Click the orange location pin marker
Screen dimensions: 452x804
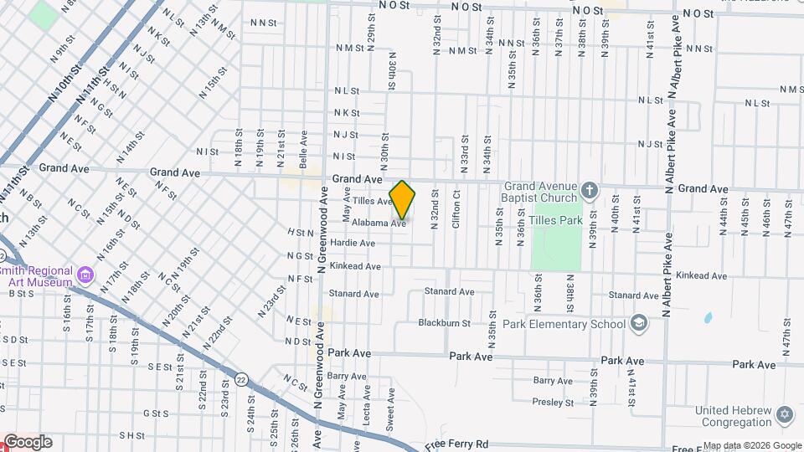point(402,199)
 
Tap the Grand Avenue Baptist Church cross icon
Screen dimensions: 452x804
point(590,190)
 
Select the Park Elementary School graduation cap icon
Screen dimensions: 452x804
point(639,323)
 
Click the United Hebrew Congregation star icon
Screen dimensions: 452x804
point(784,414)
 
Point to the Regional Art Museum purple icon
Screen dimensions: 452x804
point(85,274)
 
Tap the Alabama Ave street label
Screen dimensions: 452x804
point(379,223)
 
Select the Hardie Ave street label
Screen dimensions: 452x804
point(352,243)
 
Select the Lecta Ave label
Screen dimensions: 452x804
point(367,403)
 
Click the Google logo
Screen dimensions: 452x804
point(27,442)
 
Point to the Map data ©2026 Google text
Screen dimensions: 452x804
point(752,445)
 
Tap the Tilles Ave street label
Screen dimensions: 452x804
point(372,202)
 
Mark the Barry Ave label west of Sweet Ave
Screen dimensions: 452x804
point(348,377)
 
